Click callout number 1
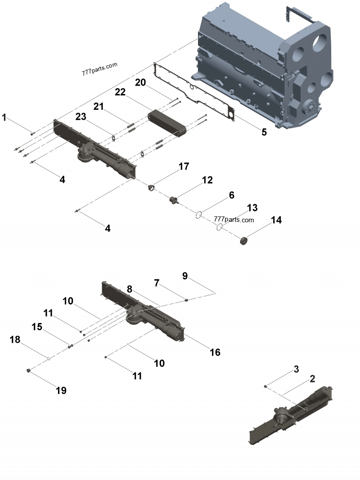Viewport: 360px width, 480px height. (4, 118)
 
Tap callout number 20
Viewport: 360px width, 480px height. (141, 82)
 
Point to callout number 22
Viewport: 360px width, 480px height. (120, 92)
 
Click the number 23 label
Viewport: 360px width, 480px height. (81, 116)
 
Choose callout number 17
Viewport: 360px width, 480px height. (183, 166)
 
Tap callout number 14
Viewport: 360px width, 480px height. (276, 220)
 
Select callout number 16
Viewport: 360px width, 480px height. (215, 352)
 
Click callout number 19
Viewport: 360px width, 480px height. (61, 390)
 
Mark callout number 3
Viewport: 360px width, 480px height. (296, 369)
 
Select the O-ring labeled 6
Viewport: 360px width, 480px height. (198, 215)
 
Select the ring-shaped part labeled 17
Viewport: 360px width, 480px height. (152, 187)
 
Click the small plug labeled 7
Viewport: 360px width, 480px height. (185, 299)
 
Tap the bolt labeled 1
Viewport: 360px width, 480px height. (32, 133)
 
